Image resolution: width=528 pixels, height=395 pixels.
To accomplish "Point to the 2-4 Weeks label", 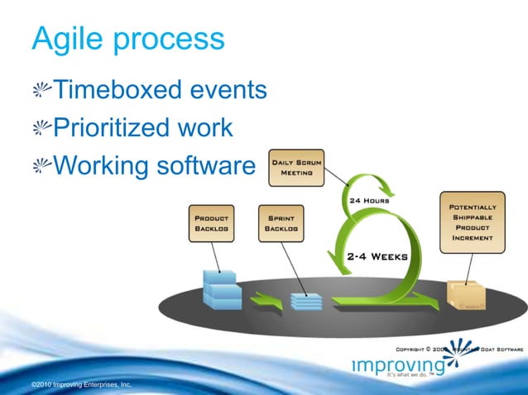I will [x=377, y=256].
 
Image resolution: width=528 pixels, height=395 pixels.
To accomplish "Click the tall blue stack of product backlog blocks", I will [x=221, y=289].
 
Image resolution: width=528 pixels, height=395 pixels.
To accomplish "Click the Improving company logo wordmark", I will [x=397, y=365].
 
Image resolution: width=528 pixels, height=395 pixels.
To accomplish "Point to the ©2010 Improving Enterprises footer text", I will [x=79, y=385].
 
